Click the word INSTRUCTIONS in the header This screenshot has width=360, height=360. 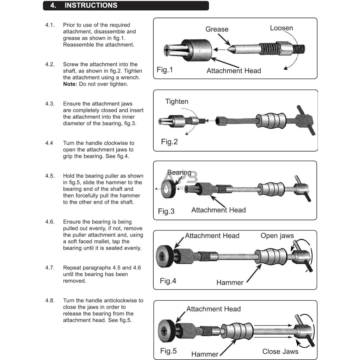click(x=91, y=5)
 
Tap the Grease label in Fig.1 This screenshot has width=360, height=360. click(x=217, y=29)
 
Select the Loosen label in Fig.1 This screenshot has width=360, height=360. click(x=281, y=28)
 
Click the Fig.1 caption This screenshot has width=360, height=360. click(x=165, y=70)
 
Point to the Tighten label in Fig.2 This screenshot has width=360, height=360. click(x=177, y=102)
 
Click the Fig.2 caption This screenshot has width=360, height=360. click(x=169, y=142)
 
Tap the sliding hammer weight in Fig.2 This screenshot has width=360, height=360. click(x=271, y=121)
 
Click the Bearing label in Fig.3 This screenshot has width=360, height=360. click(x=179, y=173)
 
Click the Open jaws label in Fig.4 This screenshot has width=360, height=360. click(x=277, y=236)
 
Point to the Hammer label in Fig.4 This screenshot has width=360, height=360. click(x=230, y=282)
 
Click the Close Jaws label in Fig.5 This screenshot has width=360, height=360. click(x=280, y=352)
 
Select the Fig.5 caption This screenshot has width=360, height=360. click(x=168, y=351)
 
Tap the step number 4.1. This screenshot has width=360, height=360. click(x=50, y=25)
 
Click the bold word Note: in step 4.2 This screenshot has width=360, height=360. click(x=70, y=84)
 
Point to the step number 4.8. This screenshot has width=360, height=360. click(x=50, y=301)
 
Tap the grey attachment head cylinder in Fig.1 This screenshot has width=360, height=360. click(x=198, y=49)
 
